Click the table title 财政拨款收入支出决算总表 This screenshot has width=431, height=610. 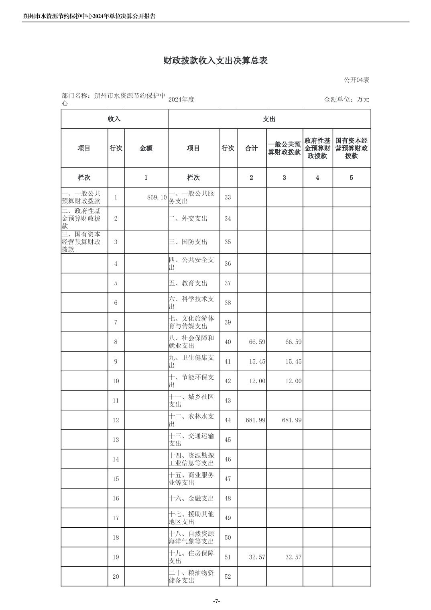coord(215,61)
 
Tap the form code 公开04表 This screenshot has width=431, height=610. coord(356,80)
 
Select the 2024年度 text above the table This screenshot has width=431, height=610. coord(181,100)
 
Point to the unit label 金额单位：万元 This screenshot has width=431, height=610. coord(346,100)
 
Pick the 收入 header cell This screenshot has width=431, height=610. coord(114,119)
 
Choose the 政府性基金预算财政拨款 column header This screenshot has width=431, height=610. coord(317,148)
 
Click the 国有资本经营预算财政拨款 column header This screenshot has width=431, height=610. coord(351,148)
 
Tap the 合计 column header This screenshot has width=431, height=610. coord(251,148)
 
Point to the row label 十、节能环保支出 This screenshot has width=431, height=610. coord(191,381)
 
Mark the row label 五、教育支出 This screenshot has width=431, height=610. coord(188,283)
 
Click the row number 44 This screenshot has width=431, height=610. coord(228,420)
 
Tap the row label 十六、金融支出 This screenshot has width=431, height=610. coord(191,498)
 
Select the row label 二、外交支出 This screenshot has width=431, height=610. coord(188,219)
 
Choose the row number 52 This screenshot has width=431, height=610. coord(228,577)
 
